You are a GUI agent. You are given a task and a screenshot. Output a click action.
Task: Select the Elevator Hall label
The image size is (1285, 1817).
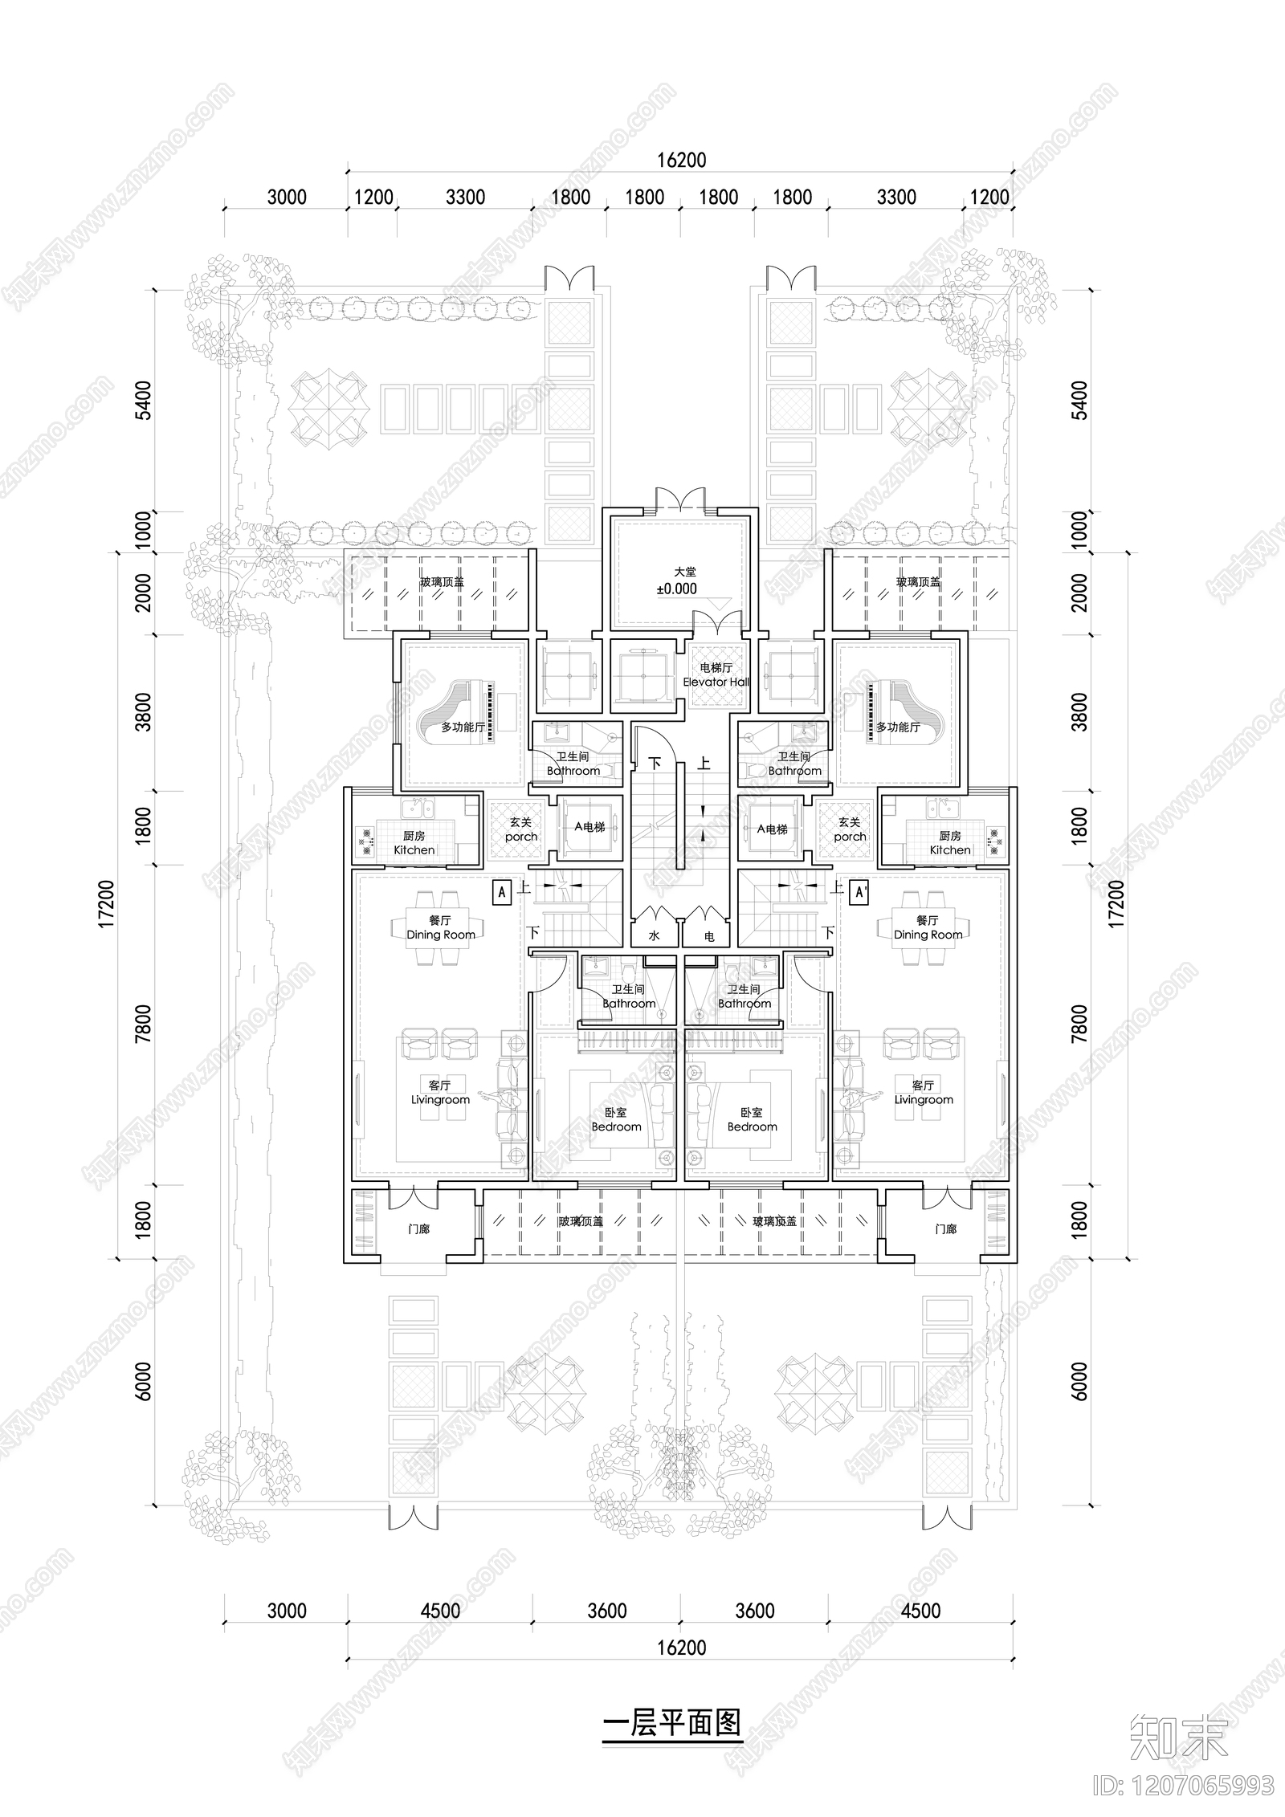(716, 674)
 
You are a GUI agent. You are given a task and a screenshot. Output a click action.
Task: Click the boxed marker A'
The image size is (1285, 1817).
(859, 892)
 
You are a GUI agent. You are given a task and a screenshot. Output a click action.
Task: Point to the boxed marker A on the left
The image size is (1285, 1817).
(502, 892)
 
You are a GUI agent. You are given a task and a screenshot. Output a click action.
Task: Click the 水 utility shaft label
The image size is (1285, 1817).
(654, 935)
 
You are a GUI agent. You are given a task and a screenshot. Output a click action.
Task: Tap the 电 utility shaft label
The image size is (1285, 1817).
(709, 935)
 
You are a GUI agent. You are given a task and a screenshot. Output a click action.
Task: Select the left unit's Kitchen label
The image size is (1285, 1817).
(414, 843)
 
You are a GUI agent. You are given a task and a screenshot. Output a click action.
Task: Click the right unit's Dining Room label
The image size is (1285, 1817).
(928, 927)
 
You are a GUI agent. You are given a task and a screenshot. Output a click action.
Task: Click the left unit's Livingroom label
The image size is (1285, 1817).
(440, 1093)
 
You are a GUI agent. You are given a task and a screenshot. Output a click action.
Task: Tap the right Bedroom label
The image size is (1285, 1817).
(752, 1120)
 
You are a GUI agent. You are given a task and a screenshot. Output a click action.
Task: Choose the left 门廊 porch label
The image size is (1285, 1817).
(418, 1229)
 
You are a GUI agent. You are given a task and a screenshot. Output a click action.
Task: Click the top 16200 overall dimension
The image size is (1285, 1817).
(681, 161)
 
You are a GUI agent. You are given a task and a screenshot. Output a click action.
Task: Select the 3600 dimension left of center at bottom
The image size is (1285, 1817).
(606, 1611)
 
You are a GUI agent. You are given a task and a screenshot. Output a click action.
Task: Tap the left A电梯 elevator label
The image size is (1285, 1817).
(589, 828)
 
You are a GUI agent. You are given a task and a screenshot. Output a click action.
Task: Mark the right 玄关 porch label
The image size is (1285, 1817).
(850, 829)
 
